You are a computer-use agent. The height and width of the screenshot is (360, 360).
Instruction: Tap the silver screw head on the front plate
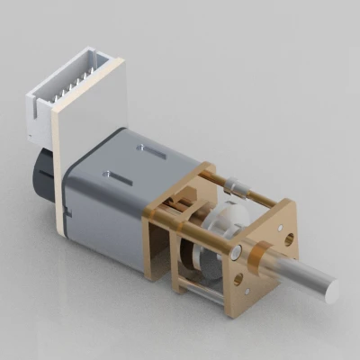[x=238, y=252]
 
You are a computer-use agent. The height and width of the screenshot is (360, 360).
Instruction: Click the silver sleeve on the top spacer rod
[x=237, y=189]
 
